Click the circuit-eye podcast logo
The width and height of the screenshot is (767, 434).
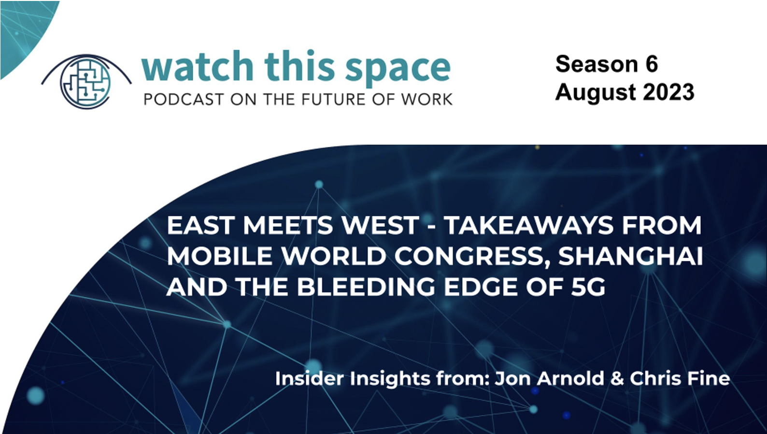[x=86, y=82]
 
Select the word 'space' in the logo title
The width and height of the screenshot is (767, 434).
[x=398, y=70]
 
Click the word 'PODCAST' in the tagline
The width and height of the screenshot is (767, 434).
[x=184, y=100]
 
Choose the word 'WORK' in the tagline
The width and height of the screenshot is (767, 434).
[x=426, y=100]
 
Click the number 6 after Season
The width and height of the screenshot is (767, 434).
[x=652, y=64]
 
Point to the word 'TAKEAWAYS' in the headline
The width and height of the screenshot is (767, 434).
[x=529, y=225]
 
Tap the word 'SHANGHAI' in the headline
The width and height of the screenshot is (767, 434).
[x=631, y=256]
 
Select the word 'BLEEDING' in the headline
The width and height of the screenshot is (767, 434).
[x=366, y=287]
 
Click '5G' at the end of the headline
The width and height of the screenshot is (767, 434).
[x=588, y=287]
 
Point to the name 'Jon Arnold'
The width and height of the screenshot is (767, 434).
[x=550, y=378]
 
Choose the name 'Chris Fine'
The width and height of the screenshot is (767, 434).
[x=680, y=378]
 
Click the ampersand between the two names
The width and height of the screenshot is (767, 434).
[x=617, y=379]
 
